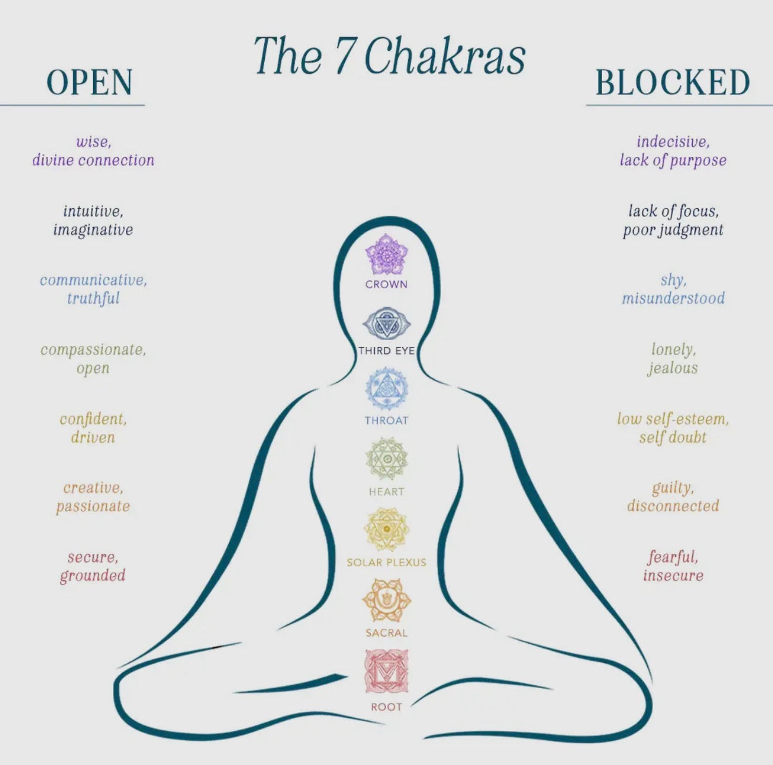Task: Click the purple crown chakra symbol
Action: click(386, 254)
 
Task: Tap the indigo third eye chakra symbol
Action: click(386, 323)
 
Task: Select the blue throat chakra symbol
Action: click(386, 388)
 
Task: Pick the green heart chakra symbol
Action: click(386, 459)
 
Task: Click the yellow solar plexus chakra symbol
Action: click(386, 529)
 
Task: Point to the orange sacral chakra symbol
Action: click(386, 600)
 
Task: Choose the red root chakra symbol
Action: click(386, 671)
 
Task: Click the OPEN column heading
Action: click(90, 82)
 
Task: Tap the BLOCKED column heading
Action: click(673, 82)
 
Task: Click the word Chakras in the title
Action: click(444, 56)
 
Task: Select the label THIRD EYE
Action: click(386, 351)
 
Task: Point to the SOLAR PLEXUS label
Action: click(386, 562)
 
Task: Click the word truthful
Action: click(93, 298)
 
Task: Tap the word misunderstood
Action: click(673, 298)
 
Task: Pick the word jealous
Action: click(673, 368)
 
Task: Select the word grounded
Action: click(93, 576)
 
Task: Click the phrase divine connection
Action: click(93, 160)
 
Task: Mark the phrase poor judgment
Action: click(673, 230)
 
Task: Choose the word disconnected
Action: click(673, 506)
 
